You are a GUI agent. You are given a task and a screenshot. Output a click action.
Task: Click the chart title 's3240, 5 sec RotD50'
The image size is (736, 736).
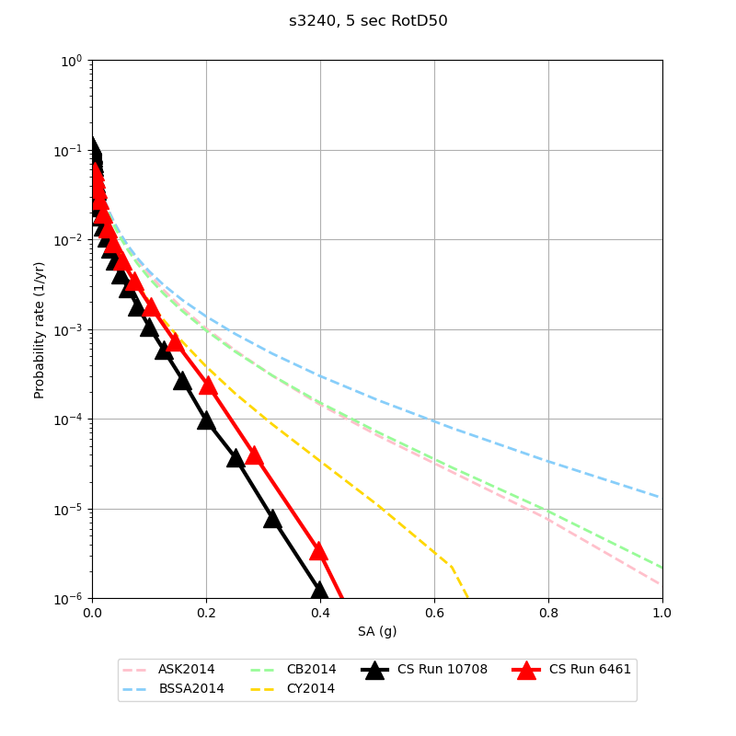[368, 21]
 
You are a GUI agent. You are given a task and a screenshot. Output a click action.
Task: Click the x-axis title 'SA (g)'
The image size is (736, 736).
[377, 631]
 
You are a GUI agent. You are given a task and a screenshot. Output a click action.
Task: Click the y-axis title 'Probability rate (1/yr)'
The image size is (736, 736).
[40, 329]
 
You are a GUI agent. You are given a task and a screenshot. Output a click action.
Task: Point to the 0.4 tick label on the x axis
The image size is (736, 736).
[320, 613]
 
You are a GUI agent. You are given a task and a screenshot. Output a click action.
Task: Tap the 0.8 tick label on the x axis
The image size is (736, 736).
[548, 613]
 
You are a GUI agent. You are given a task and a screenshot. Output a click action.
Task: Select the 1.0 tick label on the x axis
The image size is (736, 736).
[662, 613]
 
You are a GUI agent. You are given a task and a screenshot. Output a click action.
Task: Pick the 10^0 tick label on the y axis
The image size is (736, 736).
[72, 61]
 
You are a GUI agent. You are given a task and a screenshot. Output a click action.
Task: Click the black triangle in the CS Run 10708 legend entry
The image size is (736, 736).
[374, 670]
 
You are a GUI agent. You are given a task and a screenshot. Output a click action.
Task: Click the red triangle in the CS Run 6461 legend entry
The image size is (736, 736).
[526, 670]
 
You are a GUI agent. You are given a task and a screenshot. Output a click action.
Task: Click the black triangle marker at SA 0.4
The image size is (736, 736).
[319, 590]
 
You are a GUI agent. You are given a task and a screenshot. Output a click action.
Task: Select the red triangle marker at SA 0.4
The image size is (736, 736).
[318, 550]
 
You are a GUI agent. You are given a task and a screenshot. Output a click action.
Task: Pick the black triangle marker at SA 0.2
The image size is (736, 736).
[206, 420]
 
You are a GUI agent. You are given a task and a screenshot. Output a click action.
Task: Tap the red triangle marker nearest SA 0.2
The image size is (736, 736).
[208, 385]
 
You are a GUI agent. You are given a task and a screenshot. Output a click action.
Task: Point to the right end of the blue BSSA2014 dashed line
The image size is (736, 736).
[661, 498]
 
